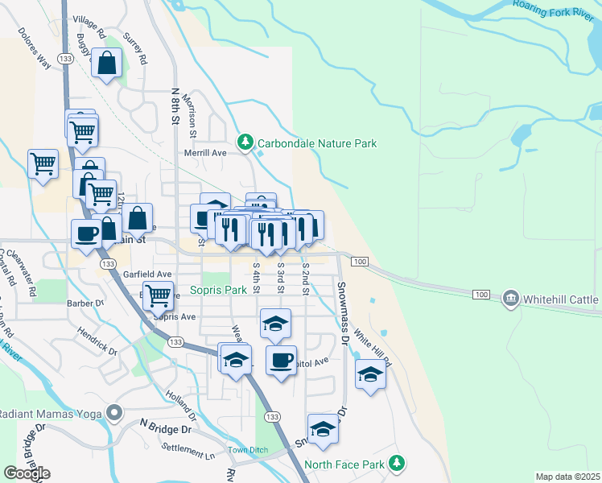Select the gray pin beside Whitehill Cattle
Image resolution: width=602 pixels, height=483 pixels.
(511, 299)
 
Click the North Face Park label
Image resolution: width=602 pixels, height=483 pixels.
(344, 464)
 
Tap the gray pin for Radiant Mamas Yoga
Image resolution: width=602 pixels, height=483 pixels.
(114, 414)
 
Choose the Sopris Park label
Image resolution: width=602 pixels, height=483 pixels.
(218, 290)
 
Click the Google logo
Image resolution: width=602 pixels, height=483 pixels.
(27, 473)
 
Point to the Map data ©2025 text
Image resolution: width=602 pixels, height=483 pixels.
(567, 477)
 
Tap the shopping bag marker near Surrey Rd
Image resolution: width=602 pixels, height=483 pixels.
(106, 64)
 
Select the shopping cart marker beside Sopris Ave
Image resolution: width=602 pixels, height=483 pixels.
(159, 295)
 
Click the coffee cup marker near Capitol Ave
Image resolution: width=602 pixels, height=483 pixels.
(281, 360)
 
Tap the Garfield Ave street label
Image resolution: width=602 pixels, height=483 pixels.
(147, 274)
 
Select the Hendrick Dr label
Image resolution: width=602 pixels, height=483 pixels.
(97, 341)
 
